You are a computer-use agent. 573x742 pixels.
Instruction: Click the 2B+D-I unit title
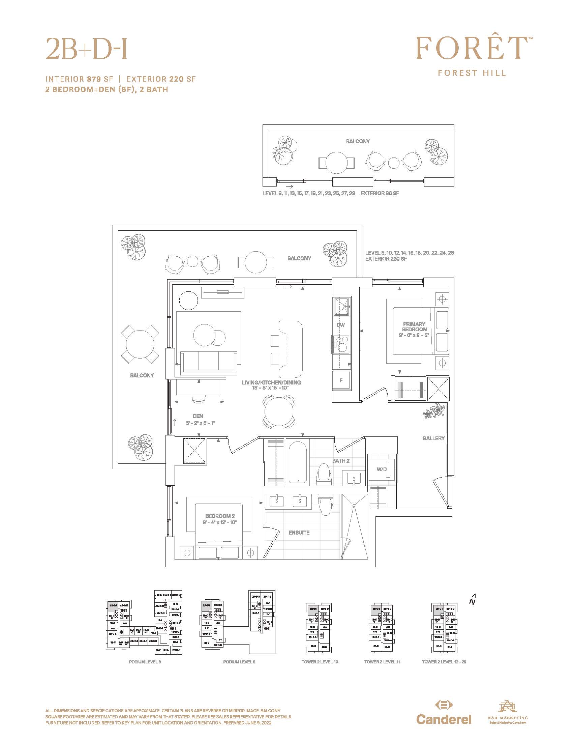(87, 48)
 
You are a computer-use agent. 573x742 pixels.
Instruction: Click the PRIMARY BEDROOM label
(414, 327)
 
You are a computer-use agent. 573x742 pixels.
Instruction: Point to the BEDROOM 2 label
(220, 516)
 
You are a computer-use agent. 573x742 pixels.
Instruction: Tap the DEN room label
(198, 416)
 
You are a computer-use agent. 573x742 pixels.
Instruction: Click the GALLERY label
(433, 438)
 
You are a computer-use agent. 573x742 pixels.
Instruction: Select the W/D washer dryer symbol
(382, 469)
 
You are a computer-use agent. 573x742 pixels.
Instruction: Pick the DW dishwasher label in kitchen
(340, 325)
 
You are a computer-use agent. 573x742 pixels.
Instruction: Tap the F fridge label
(341, 380)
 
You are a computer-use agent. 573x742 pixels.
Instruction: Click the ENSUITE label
(299, 533)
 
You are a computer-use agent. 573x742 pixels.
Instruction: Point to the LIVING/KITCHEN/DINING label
(271, 382)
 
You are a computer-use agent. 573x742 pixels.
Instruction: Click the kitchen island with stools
(290, 349)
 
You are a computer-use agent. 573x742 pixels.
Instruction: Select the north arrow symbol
(473, 600)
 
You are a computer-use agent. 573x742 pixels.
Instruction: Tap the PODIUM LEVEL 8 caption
(145, 662)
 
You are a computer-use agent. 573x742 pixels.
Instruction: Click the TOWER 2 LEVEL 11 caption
(382, 662)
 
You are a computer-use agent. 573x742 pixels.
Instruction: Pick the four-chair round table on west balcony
(140, 344)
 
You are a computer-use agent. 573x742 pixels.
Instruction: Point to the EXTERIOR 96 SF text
(380, 193)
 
